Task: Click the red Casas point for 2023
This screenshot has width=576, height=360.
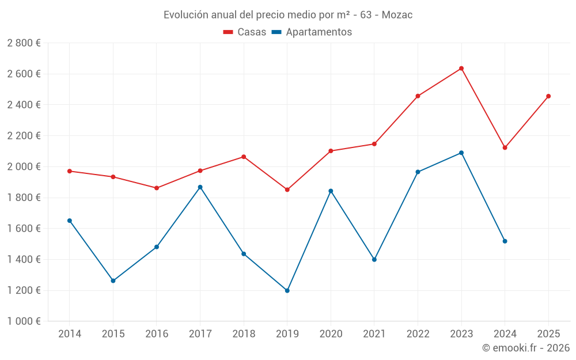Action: point(461,69)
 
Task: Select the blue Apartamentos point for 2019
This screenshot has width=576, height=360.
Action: point(287,290)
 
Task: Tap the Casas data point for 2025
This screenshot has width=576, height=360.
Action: point(548,96)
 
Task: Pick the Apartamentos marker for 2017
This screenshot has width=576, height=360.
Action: point(200,187)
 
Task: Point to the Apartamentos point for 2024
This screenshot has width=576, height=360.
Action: point(505,241)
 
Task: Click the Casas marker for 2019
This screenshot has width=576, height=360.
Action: point(287,190)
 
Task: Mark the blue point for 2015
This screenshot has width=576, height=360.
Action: point(113,281)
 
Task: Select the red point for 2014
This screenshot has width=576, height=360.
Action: point(70,171)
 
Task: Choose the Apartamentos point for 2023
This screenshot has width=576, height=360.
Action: point(461,153)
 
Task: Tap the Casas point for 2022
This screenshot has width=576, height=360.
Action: point(418,96)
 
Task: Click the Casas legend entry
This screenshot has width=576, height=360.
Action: point(245,32)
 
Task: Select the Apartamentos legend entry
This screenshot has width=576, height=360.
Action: point(312,32)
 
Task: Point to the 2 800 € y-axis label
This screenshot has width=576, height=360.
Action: point(24,43)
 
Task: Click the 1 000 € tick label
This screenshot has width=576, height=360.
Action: point(24,321)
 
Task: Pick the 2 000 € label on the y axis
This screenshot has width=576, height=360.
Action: point(24,166)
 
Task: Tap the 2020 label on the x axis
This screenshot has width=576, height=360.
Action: point(331,334)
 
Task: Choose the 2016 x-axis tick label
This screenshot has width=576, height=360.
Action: point(157,334)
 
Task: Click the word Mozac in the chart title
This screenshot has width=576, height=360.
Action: point(396,15)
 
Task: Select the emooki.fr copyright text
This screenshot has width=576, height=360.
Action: point(526,348)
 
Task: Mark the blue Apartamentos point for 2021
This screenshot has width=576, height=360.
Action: point(374,260)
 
